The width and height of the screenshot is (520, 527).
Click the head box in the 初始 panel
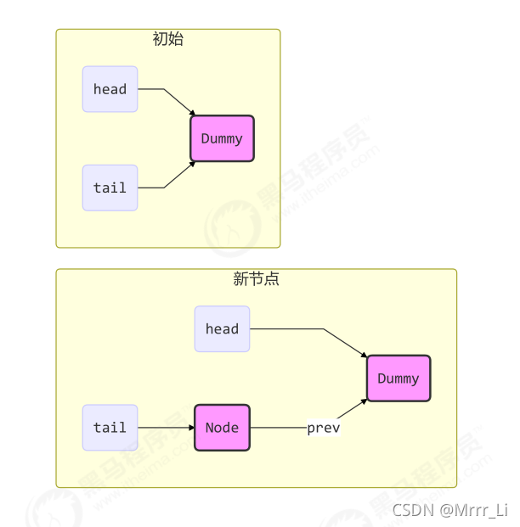tap(110, 89)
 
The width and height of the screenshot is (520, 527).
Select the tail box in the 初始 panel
tap(110, 188)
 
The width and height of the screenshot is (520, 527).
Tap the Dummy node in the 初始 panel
tap(222, 138)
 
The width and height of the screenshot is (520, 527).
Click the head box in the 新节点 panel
tap(222, 328)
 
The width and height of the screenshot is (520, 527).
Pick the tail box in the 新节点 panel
tap(110, 428)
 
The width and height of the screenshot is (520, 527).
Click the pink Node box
tap(222, 428)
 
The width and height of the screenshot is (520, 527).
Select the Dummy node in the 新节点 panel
tap(398, 378)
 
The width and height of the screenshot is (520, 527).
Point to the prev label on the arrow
tap(323, 429)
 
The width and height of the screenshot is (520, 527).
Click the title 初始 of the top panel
tap(167, 39)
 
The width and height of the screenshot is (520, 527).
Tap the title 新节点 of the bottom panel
tap(256, 279)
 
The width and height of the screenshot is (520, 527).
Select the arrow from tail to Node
tap(165, 428)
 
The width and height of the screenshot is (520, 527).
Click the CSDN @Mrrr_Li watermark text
tap(449, 510)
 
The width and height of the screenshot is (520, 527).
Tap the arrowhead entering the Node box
tap(190, 428)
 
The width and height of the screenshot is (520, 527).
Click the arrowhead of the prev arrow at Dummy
tap(365, 401)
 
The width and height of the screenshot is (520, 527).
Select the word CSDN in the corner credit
tap(412, 510)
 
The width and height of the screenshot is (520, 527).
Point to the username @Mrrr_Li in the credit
tap(472, 510)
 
